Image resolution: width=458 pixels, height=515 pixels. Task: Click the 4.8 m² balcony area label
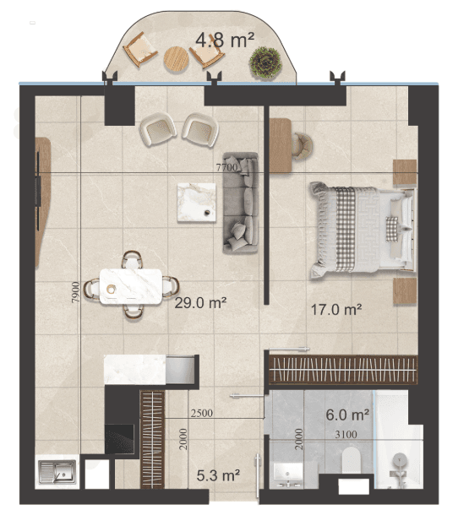click(225, 40)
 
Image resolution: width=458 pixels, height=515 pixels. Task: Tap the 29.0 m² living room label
click(200, 302)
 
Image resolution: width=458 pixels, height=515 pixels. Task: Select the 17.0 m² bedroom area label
click(336, 309)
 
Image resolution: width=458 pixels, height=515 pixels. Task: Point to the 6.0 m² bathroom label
click(347, 415)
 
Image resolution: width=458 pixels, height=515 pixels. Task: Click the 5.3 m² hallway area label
click(218, 475)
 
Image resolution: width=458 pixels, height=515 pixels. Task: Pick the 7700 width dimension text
click(226, 167)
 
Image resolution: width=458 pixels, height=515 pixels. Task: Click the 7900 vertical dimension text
click(76, 292)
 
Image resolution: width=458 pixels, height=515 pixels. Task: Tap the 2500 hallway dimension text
click(202, 413)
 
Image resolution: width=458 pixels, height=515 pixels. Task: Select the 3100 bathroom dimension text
click(346, 434)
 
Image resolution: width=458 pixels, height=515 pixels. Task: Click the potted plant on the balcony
click(265, 62)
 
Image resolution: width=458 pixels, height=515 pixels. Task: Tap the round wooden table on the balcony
click(177, 59)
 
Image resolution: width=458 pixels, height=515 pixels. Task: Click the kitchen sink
click(57, 472)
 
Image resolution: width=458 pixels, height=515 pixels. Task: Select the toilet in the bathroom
click(351, 460)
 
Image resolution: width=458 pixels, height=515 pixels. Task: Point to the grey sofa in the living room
click(241, 203)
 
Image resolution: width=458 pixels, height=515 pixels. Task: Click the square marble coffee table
click(197, 203)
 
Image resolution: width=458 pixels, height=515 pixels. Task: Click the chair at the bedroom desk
click(303, 146)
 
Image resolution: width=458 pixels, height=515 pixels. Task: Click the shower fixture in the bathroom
click(400, 466)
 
